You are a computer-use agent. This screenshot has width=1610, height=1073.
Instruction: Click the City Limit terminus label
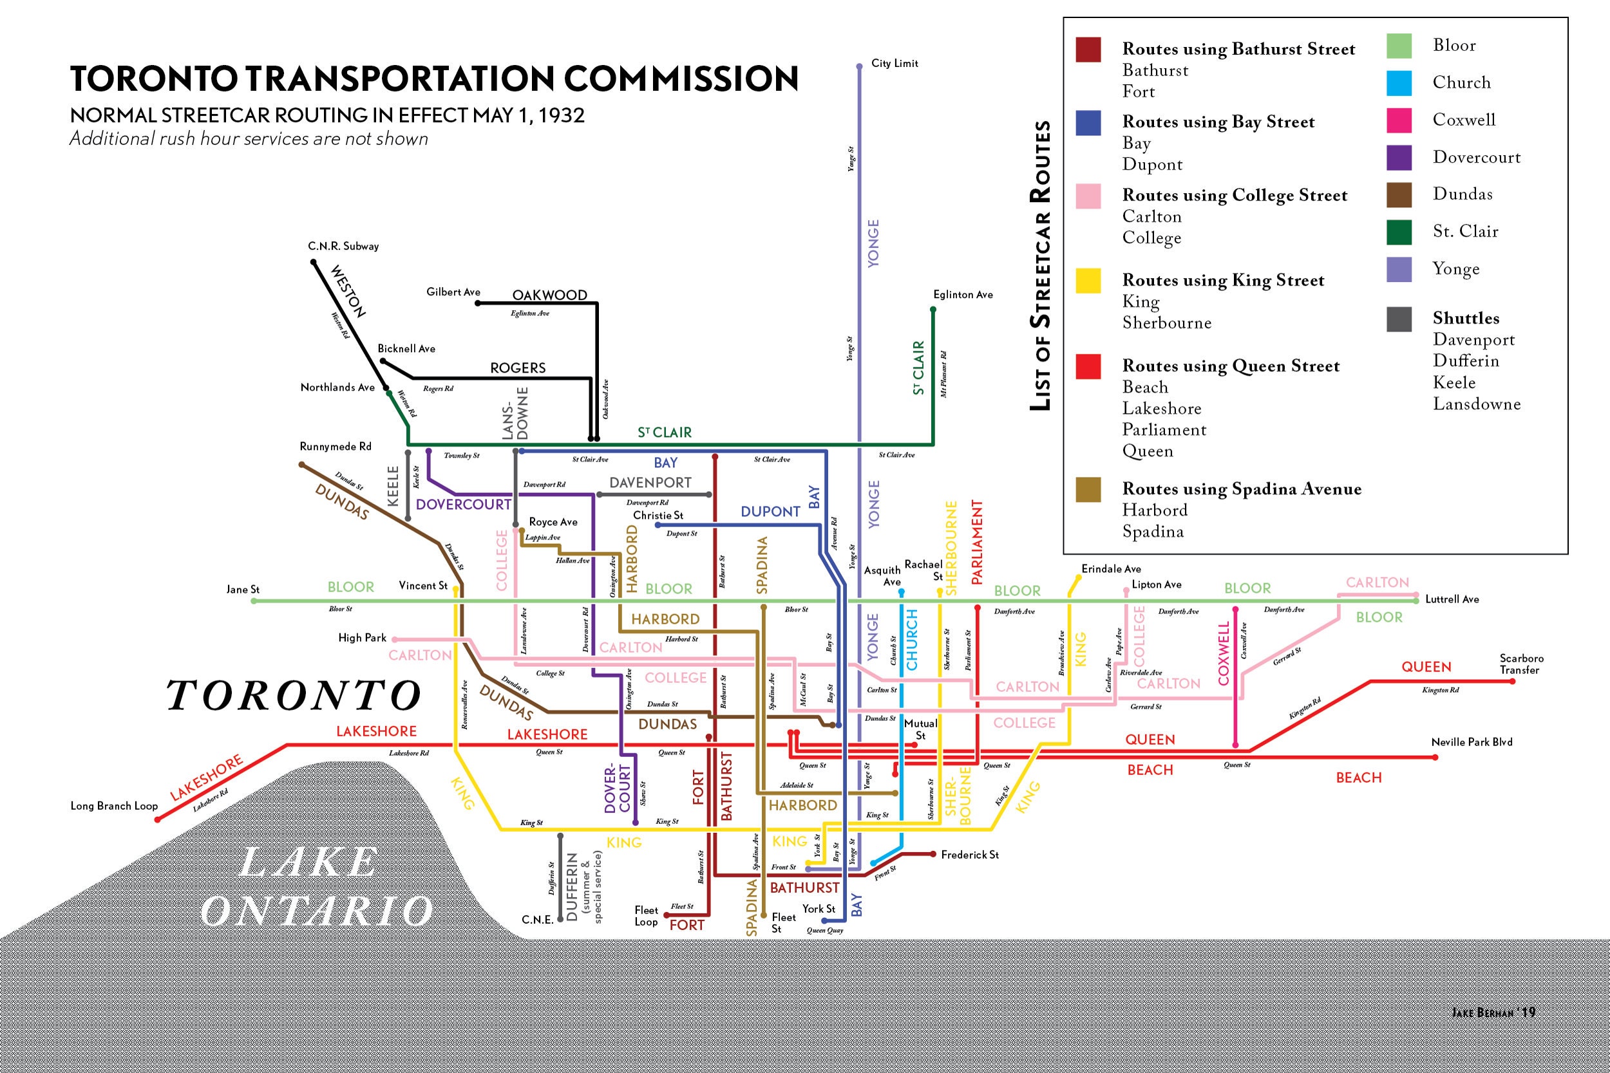tap(894, 64)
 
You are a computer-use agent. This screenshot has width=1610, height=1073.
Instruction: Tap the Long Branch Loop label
tap(113, 805)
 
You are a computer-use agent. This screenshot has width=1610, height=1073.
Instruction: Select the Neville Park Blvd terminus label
tap(1471, 742)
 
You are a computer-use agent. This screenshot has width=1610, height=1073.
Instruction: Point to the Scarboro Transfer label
tap(1521, 664)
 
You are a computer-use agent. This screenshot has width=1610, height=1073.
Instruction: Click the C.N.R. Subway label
tap(343, 247)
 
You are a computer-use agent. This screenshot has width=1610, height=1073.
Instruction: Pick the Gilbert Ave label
tap(453, 292)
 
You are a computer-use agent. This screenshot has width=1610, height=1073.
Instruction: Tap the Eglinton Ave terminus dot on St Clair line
tap(933, 310)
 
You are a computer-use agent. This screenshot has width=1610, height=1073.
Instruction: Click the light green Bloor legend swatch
tap(1399, 46)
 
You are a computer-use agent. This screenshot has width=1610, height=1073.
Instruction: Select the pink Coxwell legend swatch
tap(1399, 120)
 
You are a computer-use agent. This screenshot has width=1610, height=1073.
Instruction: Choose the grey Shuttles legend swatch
tap(1399, 319)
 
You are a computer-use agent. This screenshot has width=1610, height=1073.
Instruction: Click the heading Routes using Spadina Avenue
tap(1241, 489)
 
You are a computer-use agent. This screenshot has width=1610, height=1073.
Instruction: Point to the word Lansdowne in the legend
tap(1477, 404)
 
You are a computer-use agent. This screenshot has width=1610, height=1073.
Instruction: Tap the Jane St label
tap(243, 589)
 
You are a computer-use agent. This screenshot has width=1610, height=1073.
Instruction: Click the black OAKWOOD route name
tap(550, 295)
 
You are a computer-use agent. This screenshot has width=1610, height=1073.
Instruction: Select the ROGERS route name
tap(518, 368)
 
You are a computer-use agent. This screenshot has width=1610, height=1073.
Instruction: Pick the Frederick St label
tap(969, 855)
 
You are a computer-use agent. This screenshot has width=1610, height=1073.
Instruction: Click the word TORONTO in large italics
tap(294, 695)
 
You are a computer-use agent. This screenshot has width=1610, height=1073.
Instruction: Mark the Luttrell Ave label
tap(1452, 599)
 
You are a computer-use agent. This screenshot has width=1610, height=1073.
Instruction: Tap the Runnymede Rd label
tap(336, 447)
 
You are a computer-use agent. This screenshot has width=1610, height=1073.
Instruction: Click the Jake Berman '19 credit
tap(1493, 1012)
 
